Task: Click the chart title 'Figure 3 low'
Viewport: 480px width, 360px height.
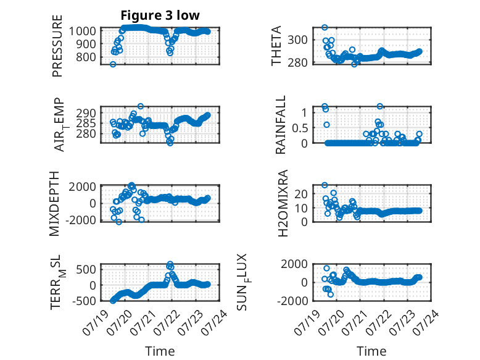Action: (160, 15)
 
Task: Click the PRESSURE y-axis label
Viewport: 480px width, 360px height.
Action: (57, 46)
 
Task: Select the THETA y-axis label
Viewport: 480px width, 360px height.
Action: (276, 46)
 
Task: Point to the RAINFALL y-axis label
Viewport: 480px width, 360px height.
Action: (280, 125)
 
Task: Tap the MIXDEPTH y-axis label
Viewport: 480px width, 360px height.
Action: (54, 203)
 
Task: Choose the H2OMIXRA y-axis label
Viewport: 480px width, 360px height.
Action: (283, 203)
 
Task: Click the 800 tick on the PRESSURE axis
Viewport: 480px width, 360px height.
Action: (86, 57)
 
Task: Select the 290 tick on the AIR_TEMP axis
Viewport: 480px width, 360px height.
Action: (86, 113)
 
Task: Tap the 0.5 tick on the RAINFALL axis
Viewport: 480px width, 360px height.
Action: (300, 128)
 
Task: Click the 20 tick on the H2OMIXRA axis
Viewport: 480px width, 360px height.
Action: (301, 194)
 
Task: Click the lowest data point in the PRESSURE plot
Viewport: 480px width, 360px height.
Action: (113, 64)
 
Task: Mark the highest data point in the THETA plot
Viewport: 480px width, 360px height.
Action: (325, 28)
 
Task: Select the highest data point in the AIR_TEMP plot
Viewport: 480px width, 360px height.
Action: (141, 106)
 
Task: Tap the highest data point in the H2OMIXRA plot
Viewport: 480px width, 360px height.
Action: (325, 185)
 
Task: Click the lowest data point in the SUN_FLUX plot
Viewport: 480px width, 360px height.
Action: (331, 295)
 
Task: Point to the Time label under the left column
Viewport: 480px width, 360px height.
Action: (160, 351)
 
